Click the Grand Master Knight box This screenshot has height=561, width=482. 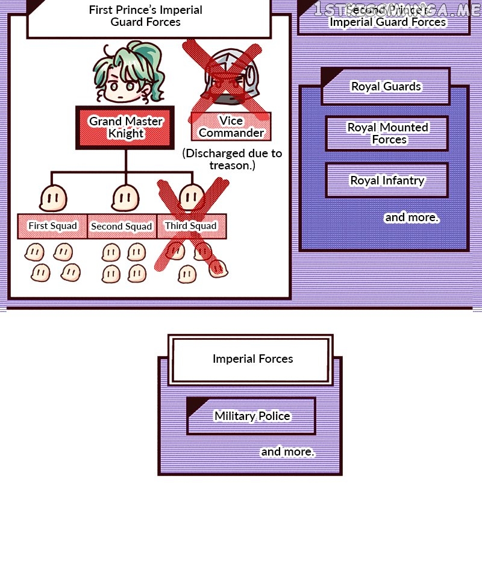click(125, 127)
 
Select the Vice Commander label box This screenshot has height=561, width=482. click(231, 127)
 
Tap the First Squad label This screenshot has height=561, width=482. click(52, 226)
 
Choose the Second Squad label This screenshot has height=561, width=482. click(122, 227)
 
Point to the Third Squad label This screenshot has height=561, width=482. click(191, 226)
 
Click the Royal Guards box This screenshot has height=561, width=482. click(386, 87)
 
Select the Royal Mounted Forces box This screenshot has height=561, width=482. click(387, 133)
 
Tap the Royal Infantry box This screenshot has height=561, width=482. click(387, 180)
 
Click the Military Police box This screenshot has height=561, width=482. click(252, 416)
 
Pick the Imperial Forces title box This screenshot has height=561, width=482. click(252, 359)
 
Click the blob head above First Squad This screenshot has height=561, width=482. click(52, 198)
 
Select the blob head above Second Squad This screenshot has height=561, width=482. click(125, 197)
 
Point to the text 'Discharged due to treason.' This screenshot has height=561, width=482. click(232, 159)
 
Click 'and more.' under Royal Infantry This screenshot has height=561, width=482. click(412, 217)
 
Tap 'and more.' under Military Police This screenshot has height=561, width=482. click(287, 451)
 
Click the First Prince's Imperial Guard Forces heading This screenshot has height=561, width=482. click(146, 16)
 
